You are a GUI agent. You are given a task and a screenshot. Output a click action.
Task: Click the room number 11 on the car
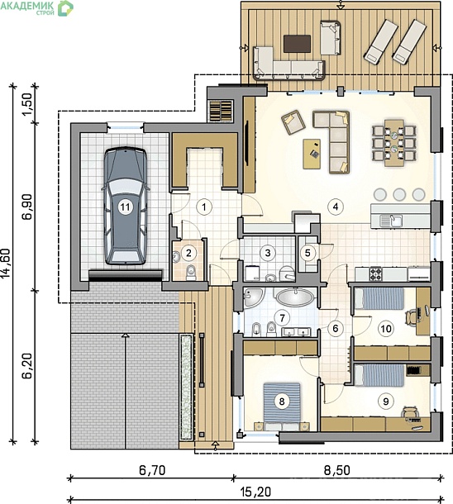126,207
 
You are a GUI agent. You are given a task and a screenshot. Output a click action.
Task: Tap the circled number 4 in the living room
336,207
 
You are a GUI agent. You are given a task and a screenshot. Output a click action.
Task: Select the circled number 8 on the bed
282,401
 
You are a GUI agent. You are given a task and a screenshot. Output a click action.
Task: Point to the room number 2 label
188,253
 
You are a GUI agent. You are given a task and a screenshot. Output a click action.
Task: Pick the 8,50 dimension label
336,470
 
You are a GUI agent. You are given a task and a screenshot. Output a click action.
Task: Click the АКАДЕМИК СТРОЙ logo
37,7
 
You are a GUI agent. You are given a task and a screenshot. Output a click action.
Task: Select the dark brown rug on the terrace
297,44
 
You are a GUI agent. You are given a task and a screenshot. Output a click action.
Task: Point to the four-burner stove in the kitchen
375,273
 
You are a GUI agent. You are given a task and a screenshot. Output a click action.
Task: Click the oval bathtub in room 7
294,297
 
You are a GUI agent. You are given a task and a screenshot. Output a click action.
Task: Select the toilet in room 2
191,273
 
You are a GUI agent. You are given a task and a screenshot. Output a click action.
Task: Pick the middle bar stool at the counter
399,194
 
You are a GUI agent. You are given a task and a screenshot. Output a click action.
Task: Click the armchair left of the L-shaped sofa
293,122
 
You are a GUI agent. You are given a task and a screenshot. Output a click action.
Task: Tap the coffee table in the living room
312,154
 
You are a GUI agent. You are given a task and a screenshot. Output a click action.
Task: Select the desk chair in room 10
412,316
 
